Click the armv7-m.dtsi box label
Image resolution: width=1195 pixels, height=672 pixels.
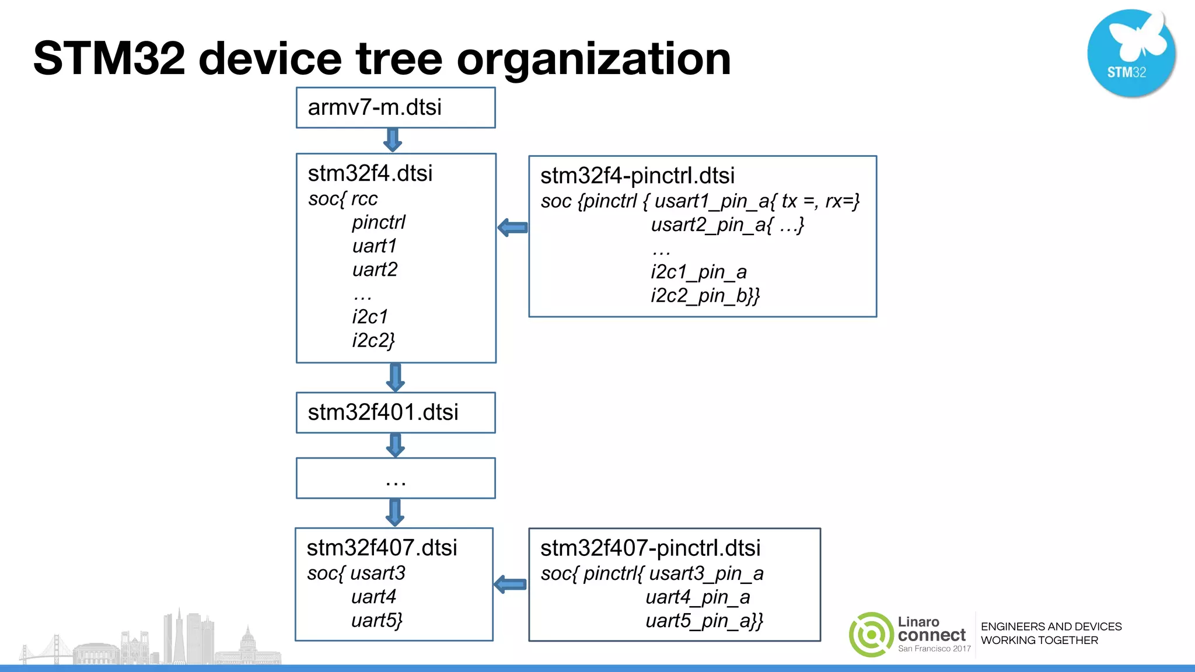pyautogui.click(x=375, y=107)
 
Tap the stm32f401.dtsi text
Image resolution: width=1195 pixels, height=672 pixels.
pyautogui.click(x=383, y=412)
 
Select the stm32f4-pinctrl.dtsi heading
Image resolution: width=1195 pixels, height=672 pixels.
pyautogui.click(x=637, y=176)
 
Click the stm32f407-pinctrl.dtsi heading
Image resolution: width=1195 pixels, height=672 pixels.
pyautogui.click(x=650, y=548)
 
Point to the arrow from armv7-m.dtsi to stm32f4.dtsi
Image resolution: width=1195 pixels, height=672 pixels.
pyautogui.click(x=393, y=140)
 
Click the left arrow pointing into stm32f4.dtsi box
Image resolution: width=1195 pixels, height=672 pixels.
pyautogui.click(x=513, y=228)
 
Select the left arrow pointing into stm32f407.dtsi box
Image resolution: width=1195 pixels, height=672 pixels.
pyautogui.click(x=510, y=584)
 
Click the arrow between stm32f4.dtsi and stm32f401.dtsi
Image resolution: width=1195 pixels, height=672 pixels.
pyautogui.click(x=396, y=377)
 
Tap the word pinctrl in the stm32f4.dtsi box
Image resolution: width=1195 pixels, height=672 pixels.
pyautogui.click(x=378, y=222)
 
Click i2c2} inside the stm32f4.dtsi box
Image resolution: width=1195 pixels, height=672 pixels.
pyautogui.click(x=373, y=340)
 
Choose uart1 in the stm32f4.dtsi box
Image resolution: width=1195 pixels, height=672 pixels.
pyautogui.click(x=374, y=246)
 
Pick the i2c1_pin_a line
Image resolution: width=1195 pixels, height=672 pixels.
pyautogui.click(x=698, y=272)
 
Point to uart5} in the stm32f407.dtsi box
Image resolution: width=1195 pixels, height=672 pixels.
pyautogui.click(x=376, y=621)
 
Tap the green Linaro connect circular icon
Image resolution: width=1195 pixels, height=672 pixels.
pyautogui.click(x=871, y=635)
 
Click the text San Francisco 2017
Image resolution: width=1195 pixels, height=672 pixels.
pyautogui.click(x=934, y=649)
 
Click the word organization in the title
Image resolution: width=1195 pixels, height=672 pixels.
pyautogui.click(x=593, y=59)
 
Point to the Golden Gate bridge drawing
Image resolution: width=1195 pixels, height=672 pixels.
pyautogui.click(x=50, y=650)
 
